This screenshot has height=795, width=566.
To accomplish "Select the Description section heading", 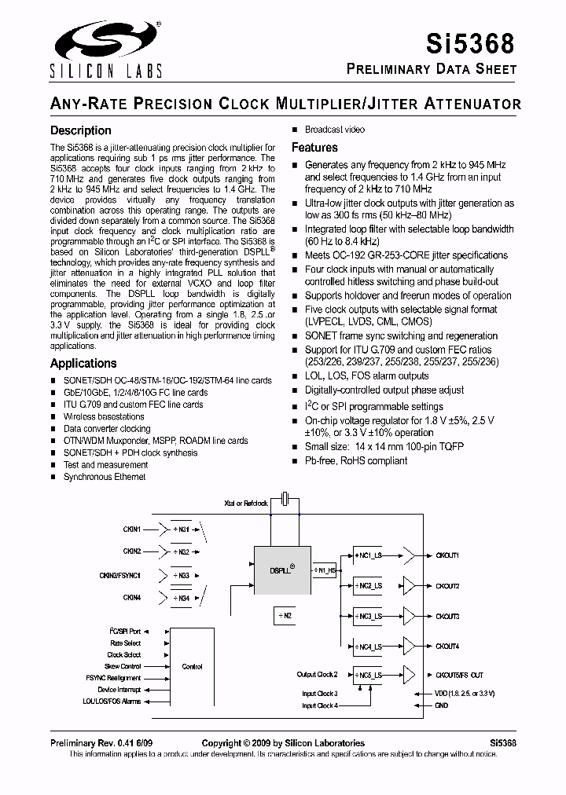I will click(x=81, y=130).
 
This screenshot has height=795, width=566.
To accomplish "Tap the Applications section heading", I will click(x=83, y=363).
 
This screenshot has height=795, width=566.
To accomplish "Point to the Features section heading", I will click(x=314, y=148).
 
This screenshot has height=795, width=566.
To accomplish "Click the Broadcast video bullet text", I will click(x=335, y=130).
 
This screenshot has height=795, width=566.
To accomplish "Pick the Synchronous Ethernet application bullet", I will click(x=105, y=477).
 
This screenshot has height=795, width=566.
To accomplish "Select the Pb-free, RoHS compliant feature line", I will click(x=356, y=460).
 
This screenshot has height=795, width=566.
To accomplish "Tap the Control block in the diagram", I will click(x=192, y=666).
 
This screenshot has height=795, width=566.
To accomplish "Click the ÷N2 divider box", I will click(x=284, y=616).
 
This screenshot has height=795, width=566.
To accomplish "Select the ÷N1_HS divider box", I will click(x=324, y=570).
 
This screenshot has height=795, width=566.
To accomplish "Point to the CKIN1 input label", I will click(x=131, y=530).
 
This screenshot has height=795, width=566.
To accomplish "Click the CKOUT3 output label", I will click(x=447, y=617).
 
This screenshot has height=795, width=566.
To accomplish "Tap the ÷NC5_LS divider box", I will click(x=367, y=675).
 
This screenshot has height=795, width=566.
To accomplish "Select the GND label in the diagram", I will click(x=441, y=705).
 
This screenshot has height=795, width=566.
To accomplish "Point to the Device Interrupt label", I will click(x=119, y=690).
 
